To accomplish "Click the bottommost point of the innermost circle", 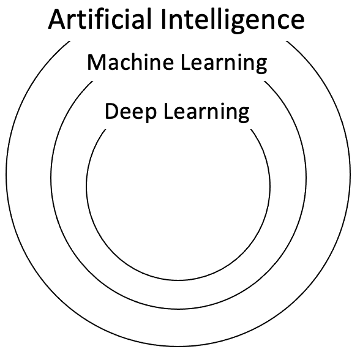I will [178, 279].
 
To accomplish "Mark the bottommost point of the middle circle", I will [178, 314].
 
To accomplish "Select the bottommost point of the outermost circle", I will [178, 347].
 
